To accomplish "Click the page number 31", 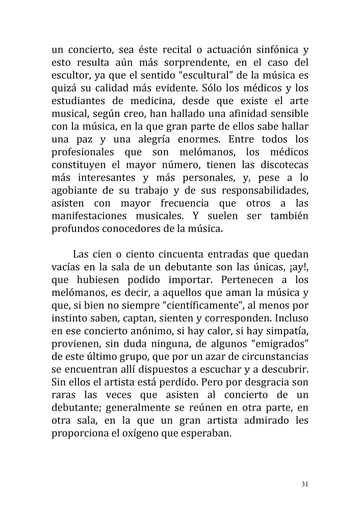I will pyautogui.click(x=305, y=484).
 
